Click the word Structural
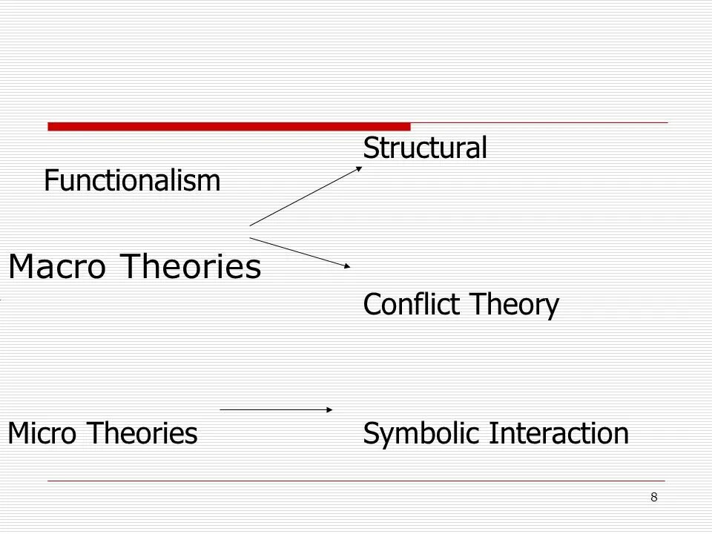point(424,148)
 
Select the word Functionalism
point(132,180)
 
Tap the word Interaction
point(558,433)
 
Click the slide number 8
point(653,497)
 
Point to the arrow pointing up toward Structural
point(305,195)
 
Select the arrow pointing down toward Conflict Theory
point(300,252)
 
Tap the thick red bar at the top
point(228,126)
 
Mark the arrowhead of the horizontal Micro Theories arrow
point(329,409)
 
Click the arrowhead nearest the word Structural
point(359,167)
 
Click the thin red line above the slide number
point(356,481)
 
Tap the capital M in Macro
point(20,267)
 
